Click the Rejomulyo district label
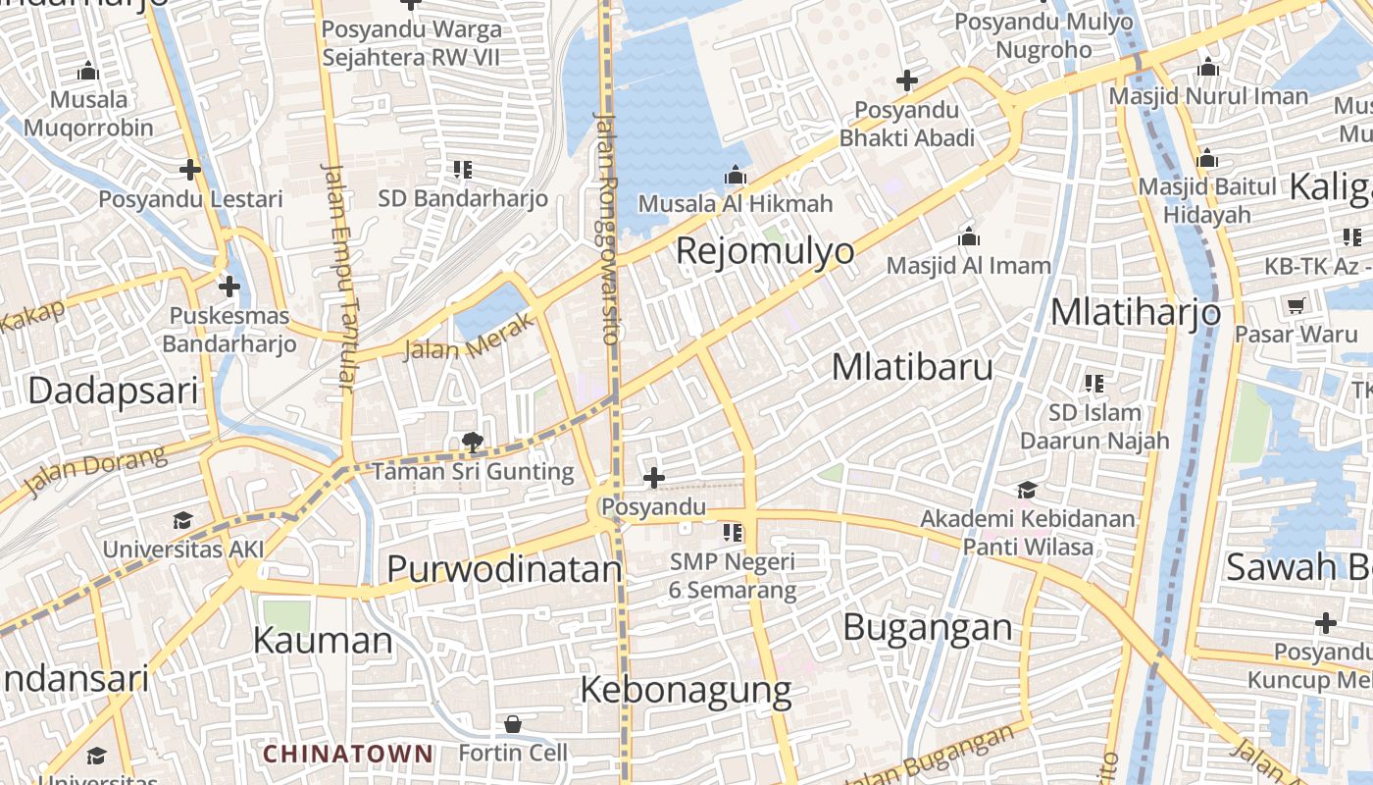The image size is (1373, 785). [765, 251]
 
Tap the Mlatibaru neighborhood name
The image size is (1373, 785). [912, 367]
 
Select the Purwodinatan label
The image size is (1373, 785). [504, 569]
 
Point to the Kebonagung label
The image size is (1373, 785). [686, 690]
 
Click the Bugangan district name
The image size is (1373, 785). [927, 627]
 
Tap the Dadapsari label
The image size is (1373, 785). [113, 391]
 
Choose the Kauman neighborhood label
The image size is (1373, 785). [323, 641]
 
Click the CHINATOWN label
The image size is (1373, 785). [348, 754]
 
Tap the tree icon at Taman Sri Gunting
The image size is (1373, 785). [472, 443]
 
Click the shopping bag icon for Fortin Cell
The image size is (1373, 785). [512, 725]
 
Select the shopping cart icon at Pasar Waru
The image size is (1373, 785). [1296, 305]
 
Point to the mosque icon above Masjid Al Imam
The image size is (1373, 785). [969, 236]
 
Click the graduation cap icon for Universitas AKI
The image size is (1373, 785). [182, 520]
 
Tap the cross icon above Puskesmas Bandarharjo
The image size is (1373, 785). [229, 287]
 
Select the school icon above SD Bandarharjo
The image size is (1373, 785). [463, 170]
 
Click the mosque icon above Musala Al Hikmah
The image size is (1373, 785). [736, 176]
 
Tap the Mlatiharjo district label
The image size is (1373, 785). [1136, 312]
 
